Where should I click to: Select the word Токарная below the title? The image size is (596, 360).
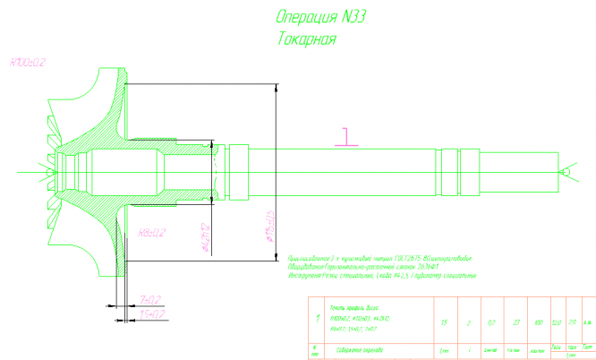[307, 39]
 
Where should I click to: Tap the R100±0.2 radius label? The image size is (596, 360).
[28, 63]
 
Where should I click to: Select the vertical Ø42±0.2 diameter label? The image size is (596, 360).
[205, 238]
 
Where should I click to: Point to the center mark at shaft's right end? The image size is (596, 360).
[565, 169]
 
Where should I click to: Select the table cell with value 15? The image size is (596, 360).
[444, 321]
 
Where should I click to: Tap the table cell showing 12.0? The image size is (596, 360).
[557, 321]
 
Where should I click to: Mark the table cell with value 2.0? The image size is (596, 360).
[572, 321]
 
